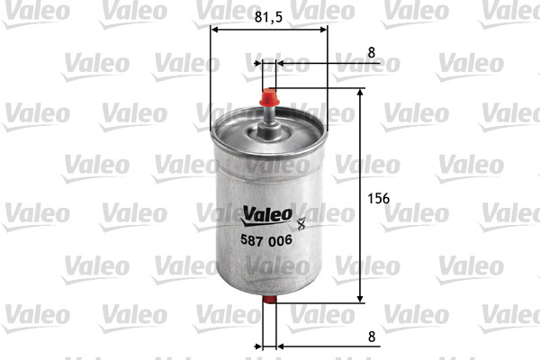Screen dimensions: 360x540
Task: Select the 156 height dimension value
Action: pos(377,199)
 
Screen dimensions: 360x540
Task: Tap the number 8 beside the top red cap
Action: pos(372,52)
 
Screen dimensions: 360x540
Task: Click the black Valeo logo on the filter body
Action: pos(266,213)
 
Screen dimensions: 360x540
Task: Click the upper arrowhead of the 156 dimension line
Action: pos(360,93)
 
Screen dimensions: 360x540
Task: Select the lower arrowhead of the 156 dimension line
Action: pos(360,298)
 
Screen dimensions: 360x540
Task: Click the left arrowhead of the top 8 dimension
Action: pos(257,64)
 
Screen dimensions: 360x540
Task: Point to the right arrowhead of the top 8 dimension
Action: pos(282,64)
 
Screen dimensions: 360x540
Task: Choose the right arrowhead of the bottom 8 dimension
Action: pos(282,346)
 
